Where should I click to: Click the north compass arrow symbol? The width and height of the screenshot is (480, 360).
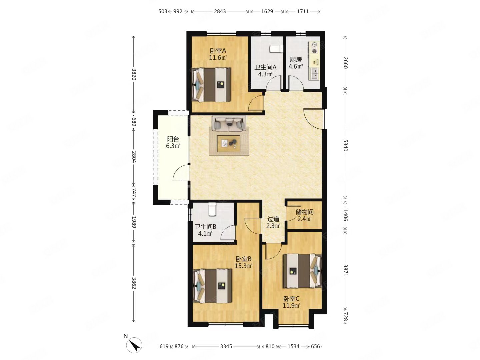click(x=134, y=345)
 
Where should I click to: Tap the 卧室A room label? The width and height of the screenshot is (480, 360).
click(x=218, y=51)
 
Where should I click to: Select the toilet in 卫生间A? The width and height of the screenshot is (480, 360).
click(x=276, y=49)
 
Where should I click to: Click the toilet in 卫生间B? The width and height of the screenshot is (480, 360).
click(x=212, y=209)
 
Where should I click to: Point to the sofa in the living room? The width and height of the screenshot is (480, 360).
click(x=229, y=124)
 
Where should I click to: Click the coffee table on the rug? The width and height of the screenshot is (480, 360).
click(x=229, y=143)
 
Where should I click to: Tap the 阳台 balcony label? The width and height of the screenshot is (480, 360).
click(x=173, y=139)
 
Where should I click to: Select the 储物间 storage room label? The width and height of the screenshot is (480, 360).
click(x=304, y=212)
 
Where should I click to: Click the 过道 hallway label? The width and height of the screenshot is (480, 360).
click(x=273, y=219)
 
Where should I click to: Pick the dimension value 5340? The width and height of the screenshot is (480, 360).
click(x=345, y=145)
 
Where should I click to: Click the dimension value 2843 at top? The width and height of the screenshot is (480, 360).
click(x=220, y=11)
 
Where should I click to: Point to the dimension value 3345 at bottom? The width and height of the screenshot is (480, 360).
click(x=226, y=346)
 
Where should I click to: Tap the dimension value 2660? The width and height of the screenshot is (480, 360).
click(x=345, y=63)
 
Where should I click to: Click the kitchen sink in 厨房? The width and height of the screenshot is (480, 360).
click(x=314, y=73)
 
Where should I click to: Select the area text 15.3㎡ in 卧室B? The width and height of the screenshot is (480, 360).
click(x=244, y=266)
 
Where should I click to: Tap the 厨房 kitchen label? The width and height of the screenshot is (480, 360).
click(x=296, y=59)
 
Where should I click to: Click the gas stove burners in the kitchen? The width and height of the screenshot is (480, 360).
click(x=314, y=48)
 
